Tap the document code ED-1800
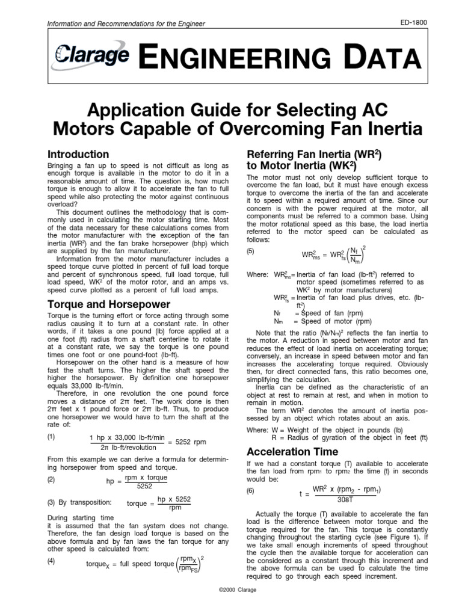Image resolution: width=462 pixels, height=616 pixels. (413, 23)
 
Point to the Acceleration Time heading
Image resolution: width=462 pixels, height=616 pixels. (293, 451)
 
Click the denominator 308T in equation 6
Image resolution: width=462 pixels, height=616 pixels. (345, 499)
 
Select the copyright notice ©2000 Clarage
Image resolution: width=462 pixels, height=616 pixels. (230, 590)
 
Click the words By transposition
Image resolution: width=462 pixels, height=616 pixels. (84, 502)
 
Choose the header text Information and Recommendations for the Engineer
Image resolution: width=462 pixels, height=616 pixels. (126, 23)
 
